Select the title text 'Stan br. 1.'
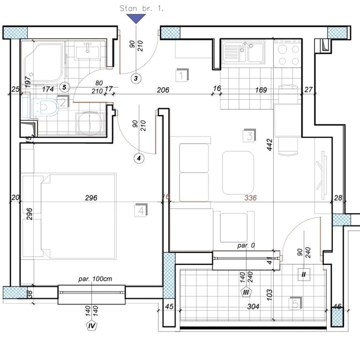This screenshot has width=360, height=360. click(142, 8)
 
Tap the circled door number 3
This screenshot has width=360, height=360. click(136, 78)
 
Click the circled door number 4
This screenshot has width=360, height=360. click(138, 158)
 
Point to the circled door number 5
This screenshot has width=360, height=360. click(65, 87)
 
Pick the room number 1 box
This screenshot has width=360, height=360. click(181, 75)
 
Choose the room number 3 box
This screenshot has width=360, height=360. click(249, 136)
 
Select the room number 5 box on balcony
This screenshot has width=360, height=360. click(296, 303)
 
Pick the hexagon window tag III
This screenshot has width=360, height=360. click(246, 292)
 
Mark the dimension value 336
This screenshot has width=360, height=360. click(250, 198)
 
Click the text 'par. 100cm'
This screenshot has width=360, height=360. click(95, 279)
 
